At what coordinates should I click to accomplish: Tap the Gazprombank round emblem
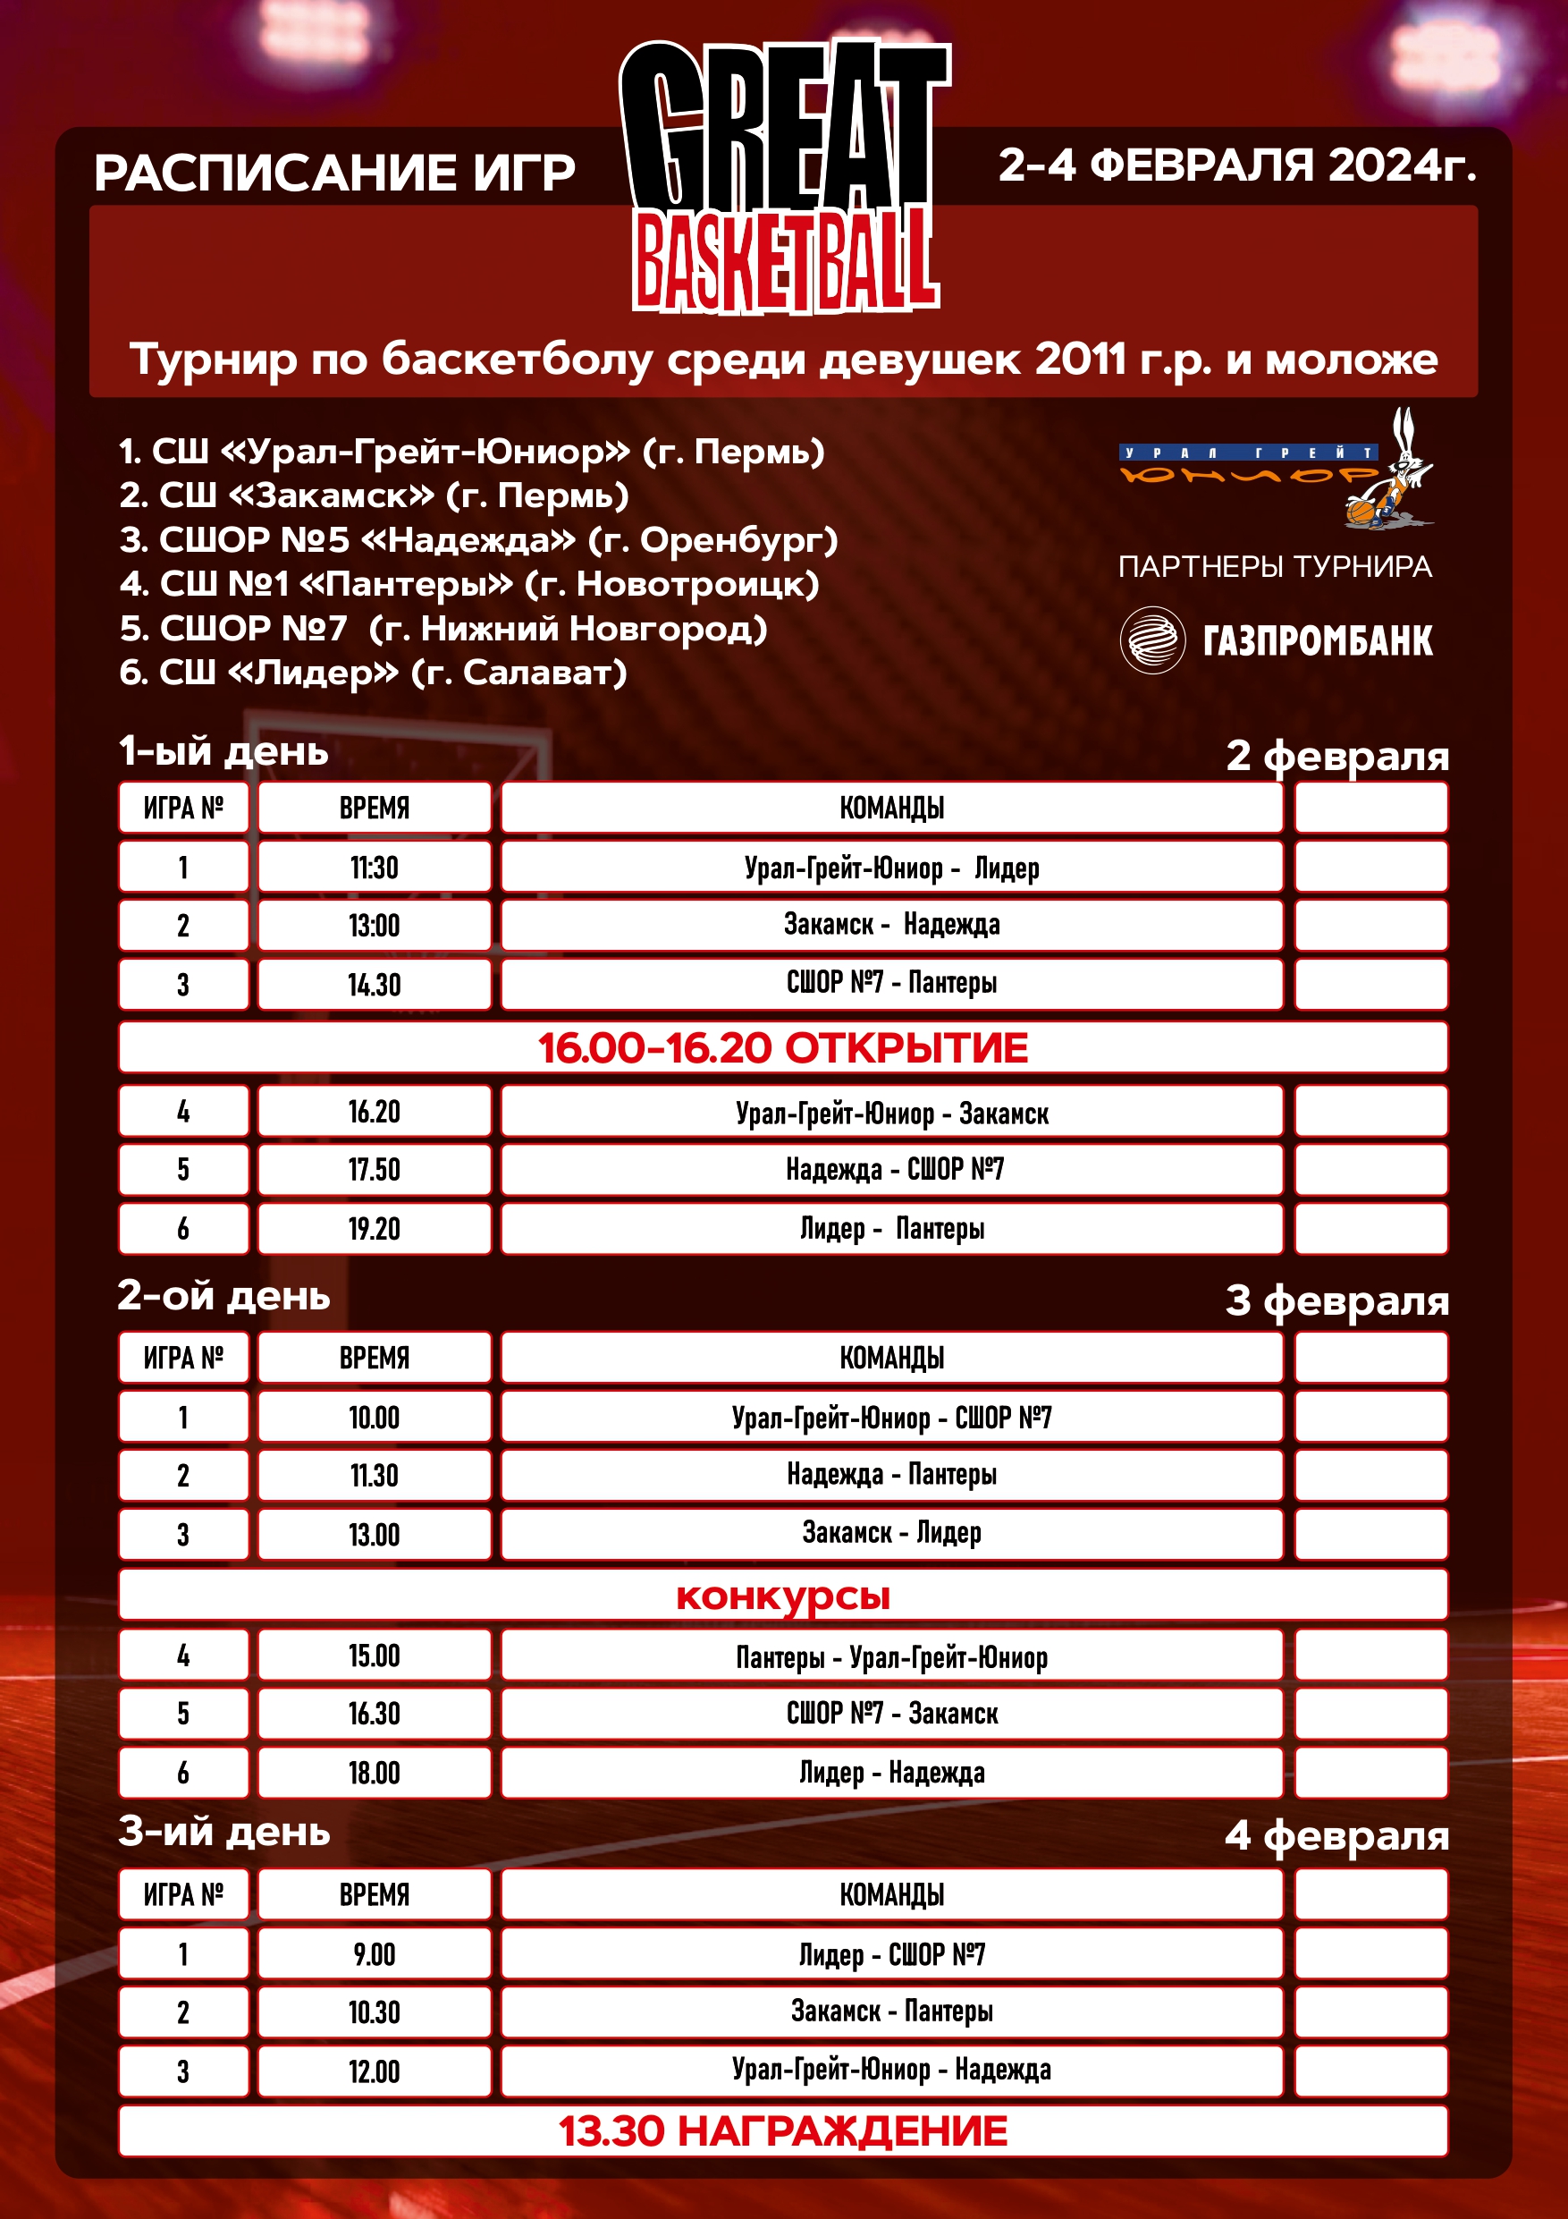1151,639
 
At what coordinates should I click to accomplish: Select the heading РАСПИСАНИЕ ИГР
334,174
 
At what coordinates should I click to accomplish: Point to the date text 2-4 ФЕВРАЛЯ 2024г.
1236,165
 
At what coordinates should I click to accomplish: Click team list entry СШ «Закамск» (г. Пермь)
375,495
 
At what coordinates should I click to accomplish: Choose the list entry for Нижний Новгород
443,629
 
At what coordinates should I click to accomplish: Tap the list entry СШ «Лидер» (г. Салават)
373,673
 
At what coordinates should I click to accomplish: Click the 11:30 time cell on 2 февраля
374,867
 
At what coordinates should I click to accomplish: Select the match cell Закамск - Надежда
890,925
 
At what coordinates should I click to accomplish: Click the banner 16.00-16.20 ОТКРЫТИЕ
782,1047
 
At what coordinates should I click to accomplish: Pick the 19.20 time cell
374,1228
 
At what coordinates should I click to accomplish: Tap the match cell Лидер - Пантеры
890,1228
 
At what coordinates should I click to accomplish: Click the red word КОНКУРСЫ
782,1596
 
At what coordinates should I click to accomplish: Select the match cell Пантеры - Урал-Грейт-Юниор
890,1657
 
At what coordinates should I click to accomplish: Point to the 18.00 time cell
374,1774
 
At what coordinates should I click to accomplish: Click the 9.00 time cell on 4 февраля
374,1954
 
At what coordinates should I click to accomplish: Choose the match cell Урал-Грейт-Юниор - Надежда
890,2071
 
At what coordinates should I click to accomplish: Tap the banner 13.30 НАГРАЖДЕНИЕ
782,2131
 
